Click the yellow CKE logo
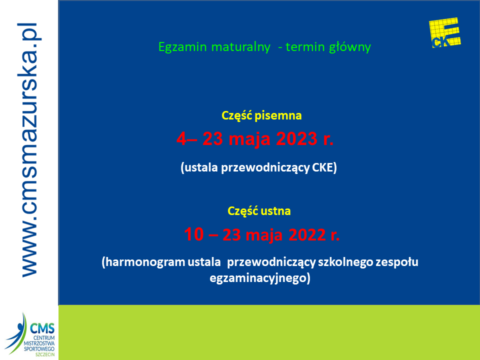[x=445, y=33]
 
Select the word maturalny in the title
[x=240, y=47]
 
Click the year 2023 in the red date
[x=296, y=138]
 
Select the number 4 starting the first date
[x=181, y=138]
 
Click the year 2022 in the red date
[x=307, y=235]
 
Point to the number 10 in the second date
[x=194, y=234]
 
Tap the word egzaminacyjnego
[x=258, y=278]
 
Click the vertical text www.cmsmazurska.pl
[x=29, y=150]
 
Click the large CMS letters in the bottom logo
[x=42, y=328]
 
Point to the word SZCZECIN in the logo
[x=45, y=354]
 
